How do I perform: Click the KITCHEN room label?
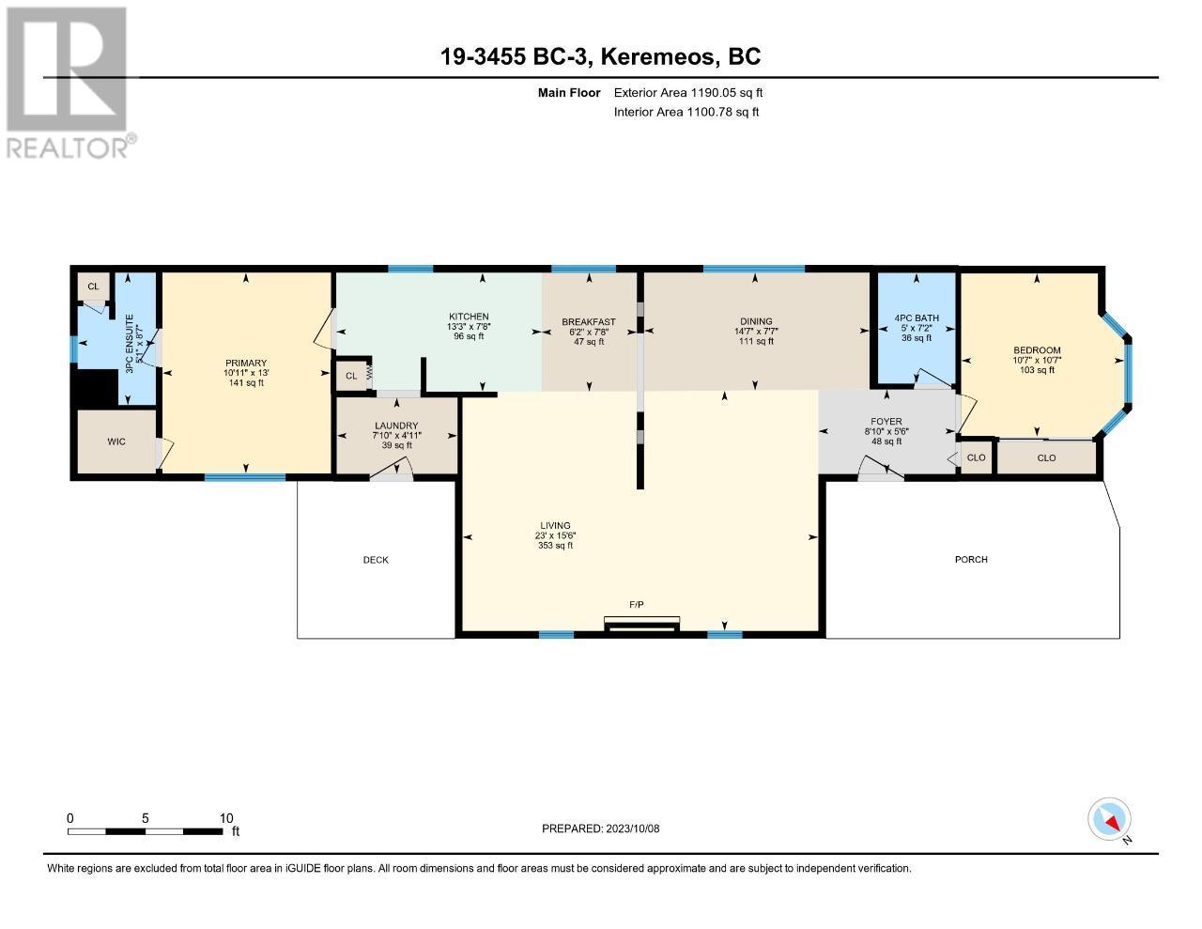[469, 317]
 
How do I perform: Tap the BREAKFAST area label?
[589, 322]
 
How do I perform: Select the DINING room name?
[756, 321]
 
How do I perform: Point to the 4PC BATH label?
[917, 318]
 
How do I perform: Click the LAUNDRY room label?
[396, 426]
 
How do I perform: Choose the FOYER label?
[886, 422]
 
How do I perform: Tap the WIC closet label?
[116, 441]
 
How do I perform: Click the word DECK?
[376, 560]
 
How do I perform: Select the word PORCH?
[971, 560]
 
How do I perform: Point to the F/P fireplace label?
[637, 605]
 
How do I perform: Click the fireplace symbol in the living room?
[641, 624]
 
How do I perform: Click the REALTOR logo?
[69, 83]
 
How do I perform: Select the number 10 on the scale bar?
[226, 818]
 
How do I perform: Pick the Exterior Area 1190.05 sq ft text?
[688, 93]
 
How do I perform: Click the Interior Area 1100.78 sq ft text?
[686, 113]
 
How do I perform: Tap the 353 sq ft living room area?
[555, 546]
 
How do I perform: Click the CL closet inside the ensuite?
[93, 286]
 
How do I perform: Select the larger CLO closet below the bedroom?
[1046, 457]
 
